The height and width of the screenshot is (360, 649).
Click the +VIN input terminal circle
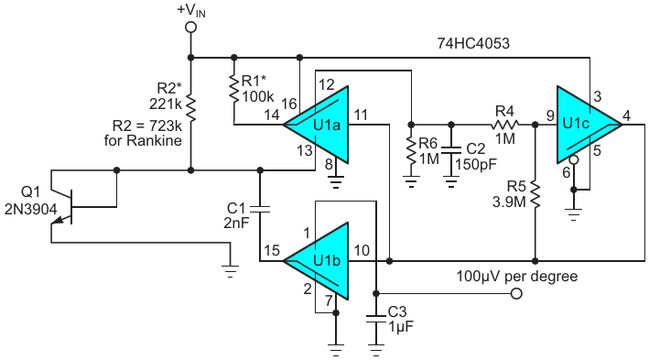pos(190,27)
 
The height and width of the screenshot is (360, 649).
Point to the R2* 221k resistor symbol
pos(190,108)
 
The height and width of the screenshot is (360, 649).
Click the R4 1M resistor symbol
pos(505,125)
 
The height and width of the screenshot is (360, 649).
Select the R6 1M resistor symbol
pos(411,150)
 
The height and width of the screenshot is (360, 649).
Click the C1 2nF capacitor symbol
pos(260,208)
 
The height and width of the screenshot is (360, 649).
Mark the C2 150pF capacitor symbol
pos(451,150)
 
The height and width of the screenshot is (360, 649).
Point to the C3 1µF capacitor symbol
pos(376,320)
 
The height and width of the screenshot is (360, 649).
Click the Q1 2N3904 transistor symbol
pos(62,206)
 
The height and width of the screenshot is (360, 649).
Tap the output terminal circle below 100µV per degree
pos(516,293)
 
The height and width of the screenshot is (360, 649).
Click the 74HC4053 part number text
pos(473,43)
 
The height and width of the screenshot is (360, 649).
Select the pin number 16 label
pos(288,104)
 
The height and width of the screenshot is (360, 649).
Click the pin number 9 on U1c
pos(550,115)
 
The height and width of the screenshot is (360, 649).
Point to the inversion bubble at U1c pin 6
pos(573,159)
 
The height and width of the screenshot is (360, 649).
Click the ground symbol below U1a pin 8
pos(336,181)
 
